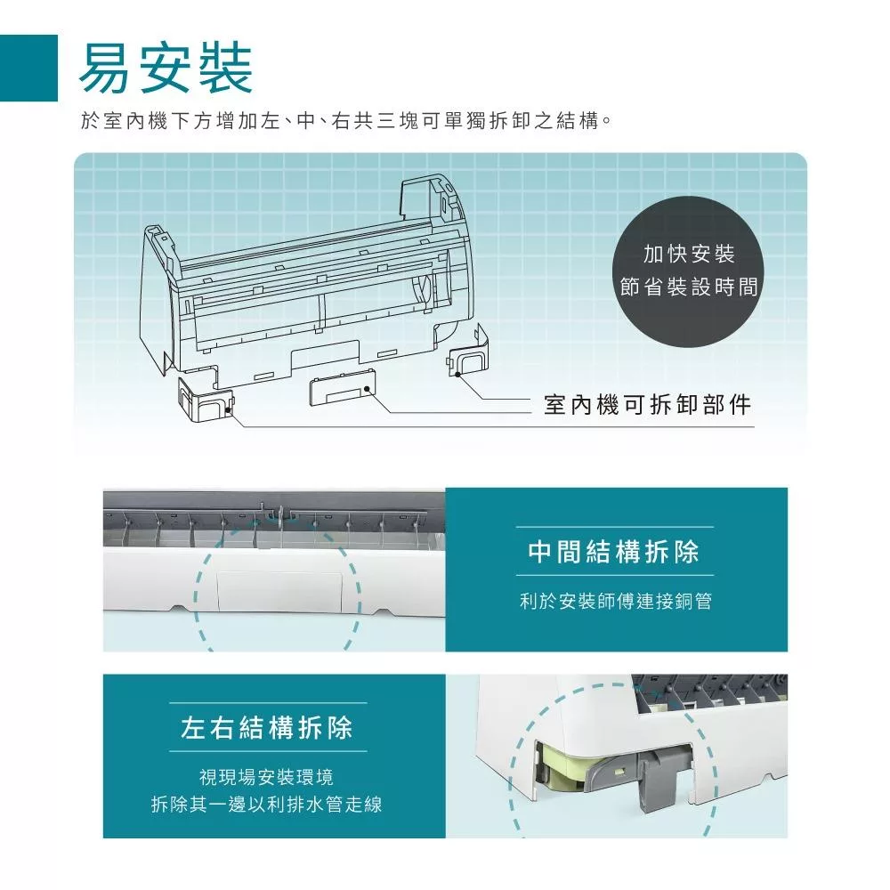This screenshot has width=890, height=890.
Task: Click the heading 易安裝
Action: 166,69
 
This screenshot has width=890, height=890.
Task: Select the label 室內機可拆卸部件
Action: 647,406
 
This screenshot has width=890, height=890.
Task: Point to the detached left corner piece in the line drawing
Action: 205,400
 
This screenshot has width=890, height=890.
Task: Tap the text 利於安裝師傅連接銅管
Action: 615,602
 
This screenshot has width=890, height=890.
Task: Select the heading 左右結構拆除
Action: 267,728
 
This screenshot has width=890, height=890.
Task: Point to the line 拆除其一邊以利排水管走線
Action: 267,805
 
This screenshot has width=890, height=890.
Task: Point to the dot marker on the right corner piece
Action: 457,375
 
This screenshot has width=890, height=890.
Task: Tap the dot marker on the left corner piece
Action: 229,412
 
